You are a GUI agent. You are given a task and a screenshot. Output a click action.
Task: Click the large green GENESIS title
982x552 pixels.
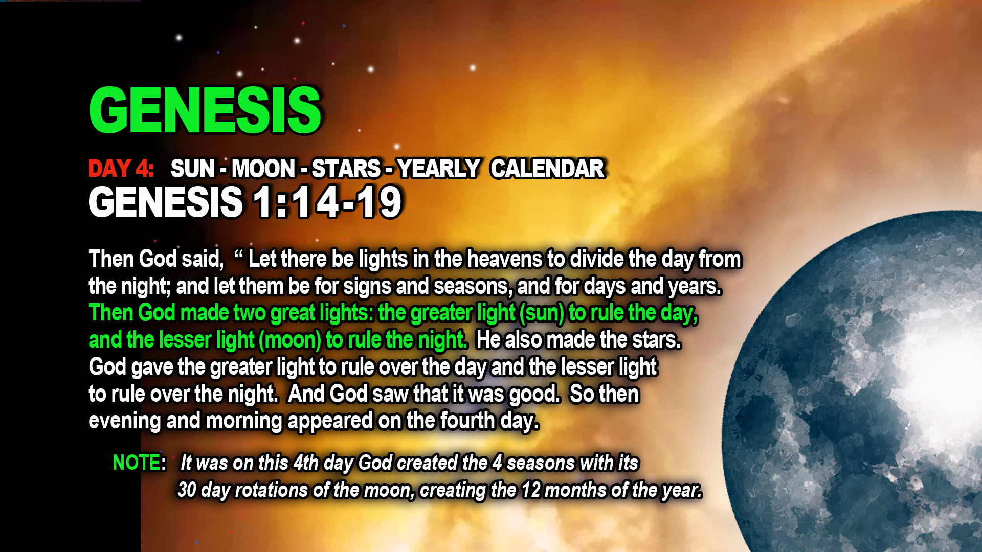[205, 110]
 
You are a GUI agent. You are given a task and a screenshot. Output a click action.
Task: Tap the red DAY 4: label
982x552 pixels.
[121, 169]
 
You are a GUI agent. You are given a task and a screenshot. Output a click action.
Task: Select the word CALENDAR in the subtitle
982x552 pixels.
[548, 169]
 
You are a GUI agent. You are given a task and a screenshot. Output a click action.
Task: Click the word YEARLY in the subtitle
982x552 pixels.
[438, 169]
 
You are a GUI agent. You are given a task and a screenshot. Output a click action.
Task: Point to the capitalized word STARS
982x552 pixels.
[346, 169]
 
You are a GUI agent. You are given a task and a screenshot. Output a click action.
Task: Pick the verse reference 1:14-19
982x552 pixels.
[327, 202]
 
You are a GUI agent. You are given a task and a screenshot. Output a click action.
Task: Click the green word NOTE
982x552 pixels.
[137, 463]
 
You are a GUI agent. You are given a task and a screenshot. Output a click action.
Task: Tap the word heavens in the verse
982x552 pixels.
[504, 259]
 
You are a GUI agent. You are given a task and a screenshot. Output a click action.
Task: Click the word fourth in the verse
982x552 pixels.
[467, 421]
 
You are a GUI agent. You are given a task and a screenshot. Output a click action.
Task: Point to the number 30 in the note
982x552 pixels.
[187, 490]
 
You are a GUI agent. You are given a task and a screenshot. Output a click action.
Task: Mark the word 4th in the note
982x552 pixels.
[306, 463]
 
